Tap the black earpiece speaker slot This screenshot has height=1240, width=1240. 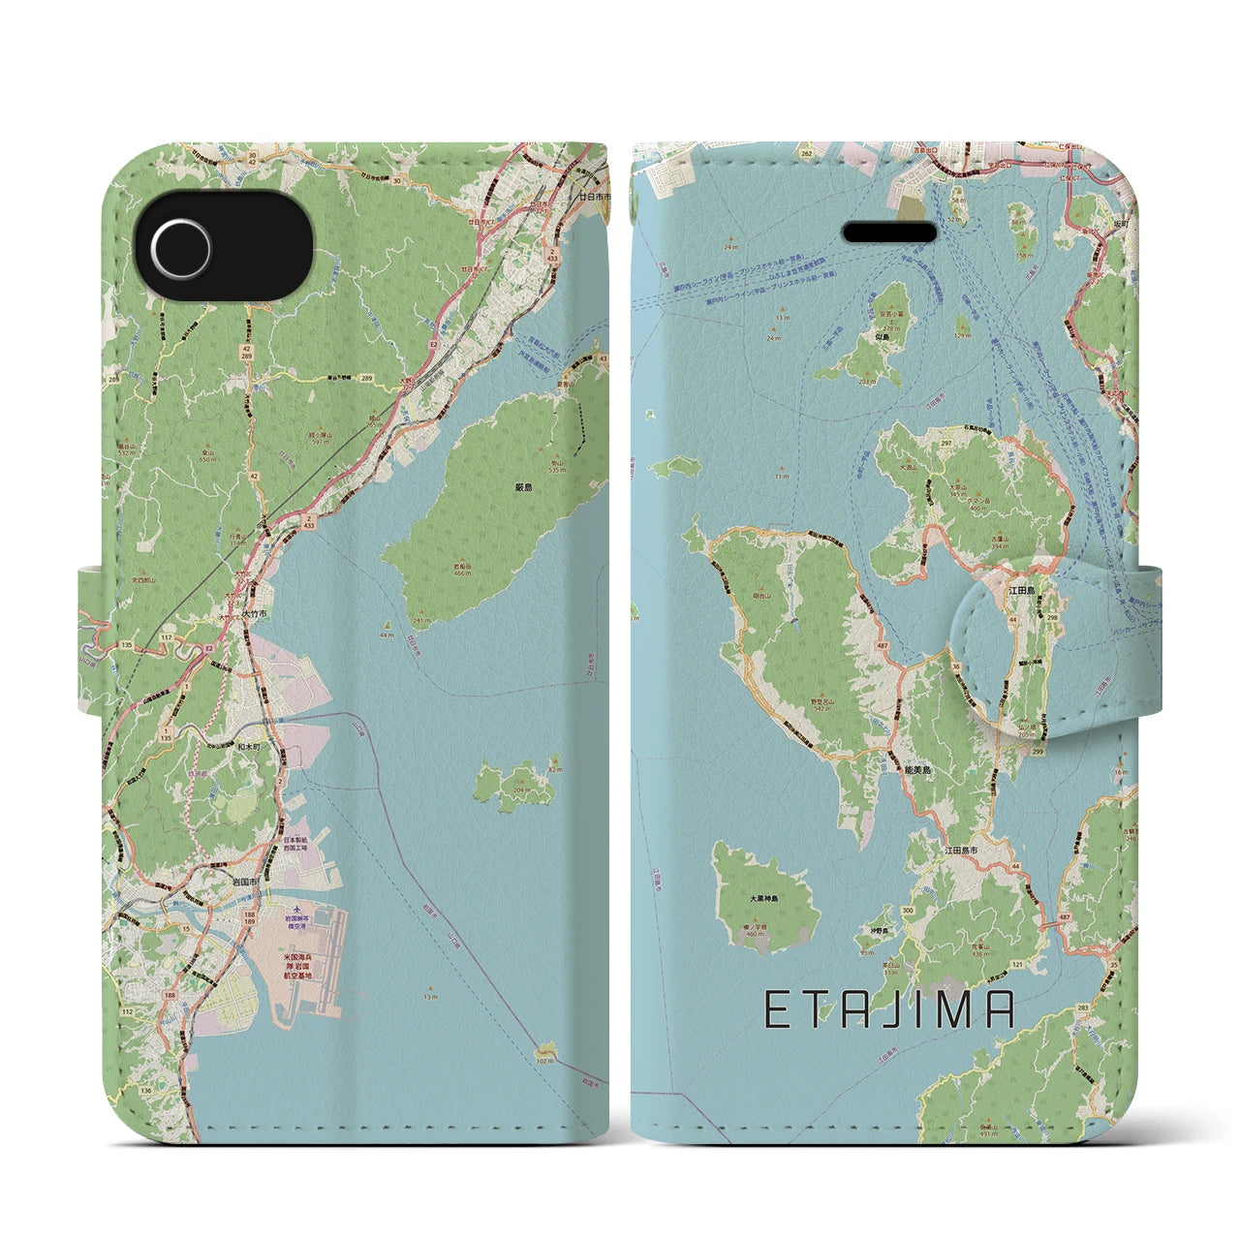click(889, 232)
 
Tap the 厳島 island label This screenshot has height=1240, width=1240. click(523, 487)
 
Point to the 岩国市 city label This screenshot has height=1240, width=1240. click(242, 882)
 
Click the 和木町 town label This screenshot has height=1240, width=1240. click(248, 747)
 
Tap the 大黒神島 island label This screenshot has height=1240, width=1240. click(764, 899)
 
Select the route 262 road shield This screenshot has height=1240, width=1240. click(806, 152)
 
